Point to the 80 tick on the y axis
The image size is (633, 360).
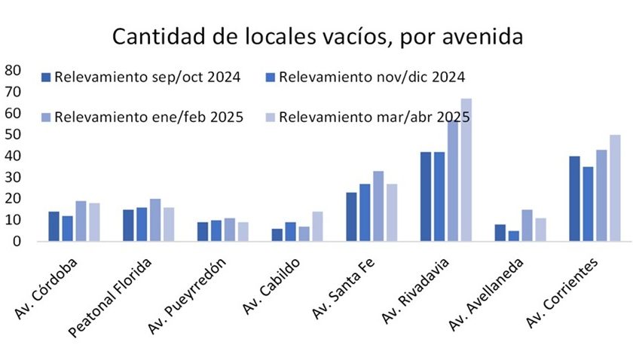point(13,70)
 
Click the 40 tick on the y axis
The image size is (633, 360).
point(13,156)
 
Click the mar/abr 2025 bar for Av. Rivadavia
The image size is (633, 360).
point(466,170)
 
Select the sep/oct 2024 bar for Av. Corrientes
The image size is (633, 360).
point(575,199)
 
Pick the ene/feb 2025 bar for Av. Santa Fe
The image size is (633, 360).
point(378,206)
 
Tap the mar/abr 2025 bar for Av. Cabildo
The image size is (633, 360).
point(317,227)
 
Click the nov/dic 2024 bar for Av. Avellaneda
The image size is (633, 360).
point(514,236)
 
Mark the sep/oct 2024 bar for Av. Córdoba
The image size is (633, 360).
point(54,227)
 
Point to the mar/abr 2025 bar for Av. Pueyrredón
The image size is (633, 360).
point(243,232)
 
